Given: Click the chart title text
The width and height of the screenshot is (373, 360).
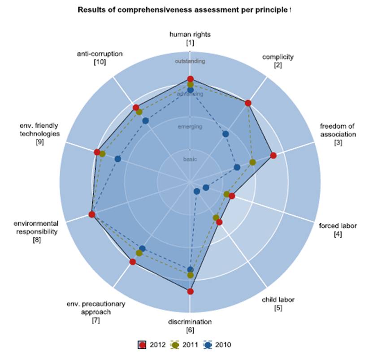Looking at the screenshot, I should [x=184, y=10].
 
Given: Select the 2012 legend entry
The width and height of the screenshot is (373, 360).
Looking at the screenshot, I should [x=152, y=345].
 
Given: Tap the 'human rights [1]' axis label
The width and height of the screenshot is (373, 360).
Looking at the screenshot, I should [x=190, y=38].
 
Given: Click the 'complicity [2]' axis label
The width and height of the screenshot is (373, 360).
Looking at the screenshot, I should [x=278, y=61].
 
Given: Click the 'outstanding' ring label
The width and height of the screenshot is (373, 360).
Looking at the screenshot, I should [x=190, y=61].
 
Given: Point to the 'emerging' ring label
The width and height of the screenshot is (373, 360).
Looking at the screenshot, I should [x=190, y=127].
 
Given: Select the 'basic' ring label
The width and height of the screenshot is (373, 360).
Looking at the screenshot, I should [x=190, y=159].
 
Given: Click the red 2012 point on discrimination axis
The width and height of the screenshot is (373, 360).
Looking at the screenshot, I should [x=190, y=291].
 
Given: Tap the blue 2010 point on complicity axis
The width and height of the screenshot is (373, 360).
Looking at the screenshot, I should [x=226, y=134].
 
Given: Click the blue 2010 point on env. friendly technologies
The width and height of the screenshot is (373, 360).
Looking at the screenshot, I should [x=118, y=159].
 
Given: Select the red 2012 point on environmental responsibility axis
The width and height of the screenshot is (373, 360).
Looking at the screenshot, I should [x=92, y=215].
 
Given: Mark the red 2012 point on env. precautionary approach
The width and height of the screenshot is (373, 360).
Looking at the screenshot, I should [x=133, y=262].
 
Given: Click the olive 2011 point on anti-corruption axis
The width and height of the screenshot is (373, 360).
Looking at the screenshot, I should [x=139, y=112].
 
